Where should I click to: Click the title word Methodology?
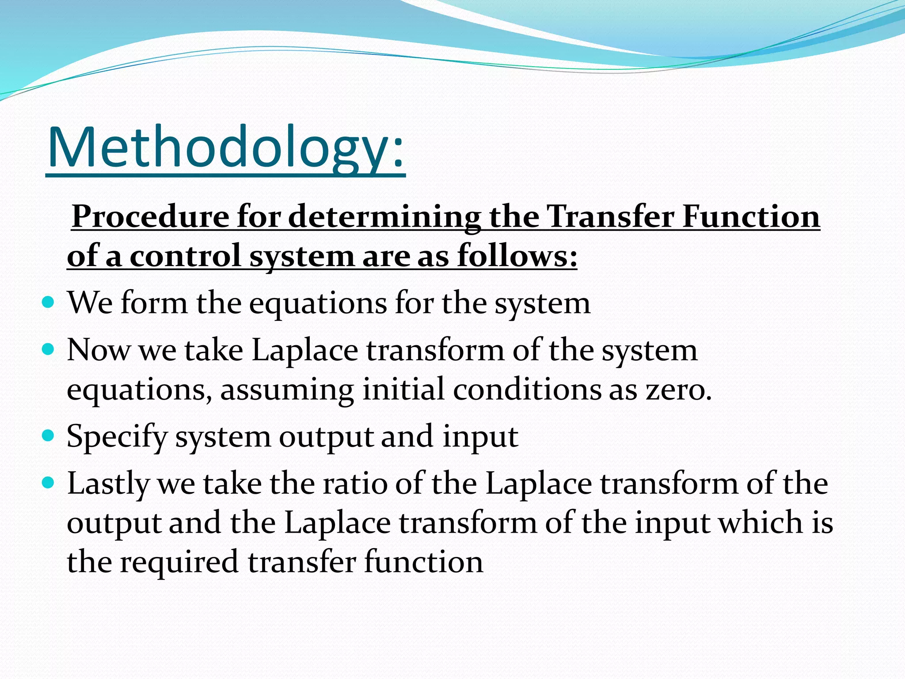[225, 148]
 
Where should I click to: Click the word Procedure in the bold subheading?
[150, 217]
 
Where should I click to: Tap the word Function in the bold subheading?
[751, 217]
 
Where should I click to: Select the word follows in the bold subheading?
[517, 256]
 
